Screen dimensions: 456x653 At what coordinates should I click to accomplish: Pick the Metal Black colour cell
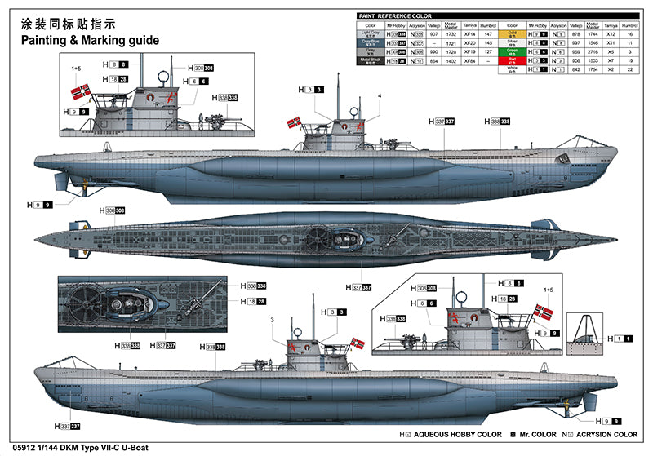371,60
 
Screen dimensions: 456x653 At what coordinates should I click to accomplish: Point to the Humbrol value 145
488,42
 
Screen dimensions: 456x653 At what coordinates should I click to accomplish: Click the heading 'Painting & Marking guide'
84,38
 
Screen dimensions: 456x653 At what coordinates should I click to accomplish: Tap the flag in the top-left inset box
80,90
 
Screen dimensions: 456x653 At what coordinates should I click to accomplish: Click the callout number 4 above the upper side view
379,95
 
